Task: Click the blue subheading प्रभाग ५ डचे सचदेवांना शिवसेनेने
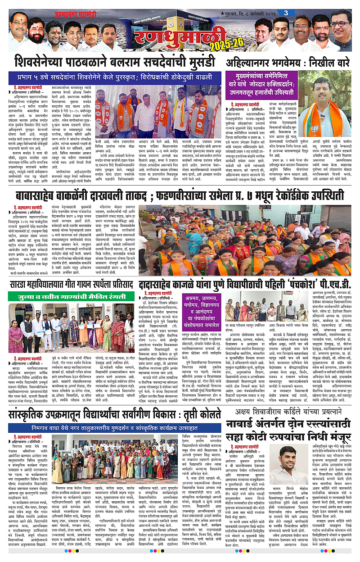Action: coord(113,75)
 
